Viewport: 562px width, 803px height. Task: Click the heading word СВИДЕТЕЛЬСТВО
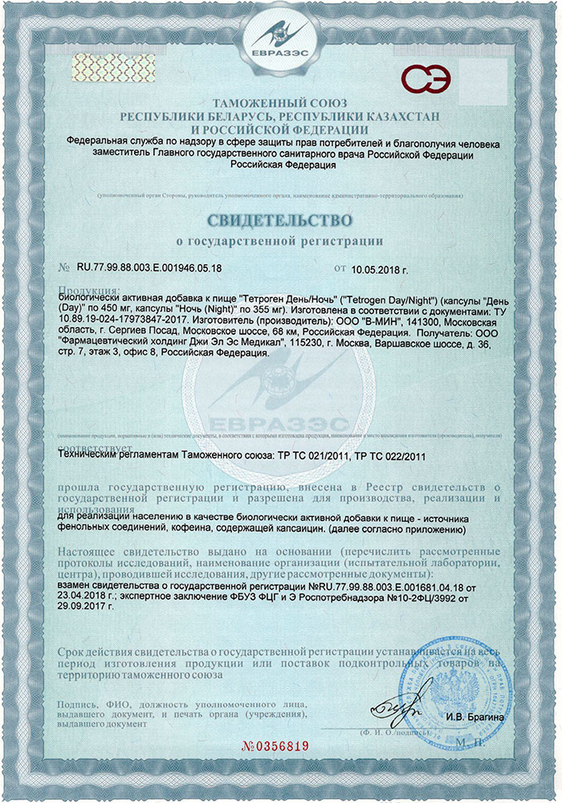click(x=280, y=218)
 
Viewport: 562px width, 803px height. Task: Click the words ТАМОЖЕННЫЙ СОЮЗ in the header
click(x=280, y=104)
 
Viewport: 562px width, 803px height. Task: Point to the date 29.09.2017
click(x=84, y=609)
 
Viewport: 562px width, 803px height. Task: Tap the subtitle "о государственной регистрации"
click(x=280, y=240)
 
